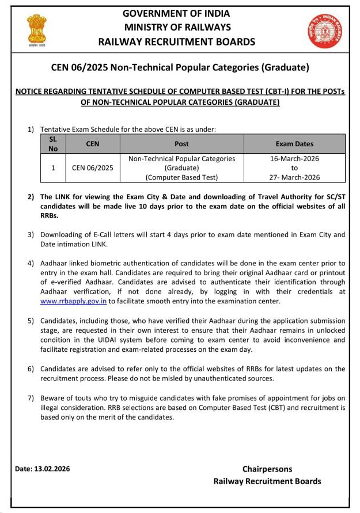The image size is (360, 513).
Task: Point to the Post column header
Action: pyautogui.click(x=181, y=144)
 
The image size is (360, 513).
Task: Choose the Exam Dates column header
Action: pyautogui.click(x=294, y=144)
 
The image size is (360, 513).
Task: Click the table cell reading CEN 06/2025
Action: pyautogui.click(x=93, y=168)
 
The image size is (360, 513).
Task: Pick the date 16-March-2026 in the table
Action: pyautogui.click(x=294, y=159)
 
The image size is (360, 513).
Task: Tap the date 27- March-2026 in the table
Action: pyautogui.click(x=294, y=177)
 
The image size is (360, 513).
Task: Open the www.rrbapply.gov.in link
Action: pyautogui.click(x=74, y=301)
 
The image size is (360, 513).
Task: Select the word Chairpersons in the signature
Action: pyautogui.click(x=267, y=469)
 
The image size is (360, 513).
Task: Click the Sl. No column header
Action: pyautogui.click(x=53, y=144)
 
